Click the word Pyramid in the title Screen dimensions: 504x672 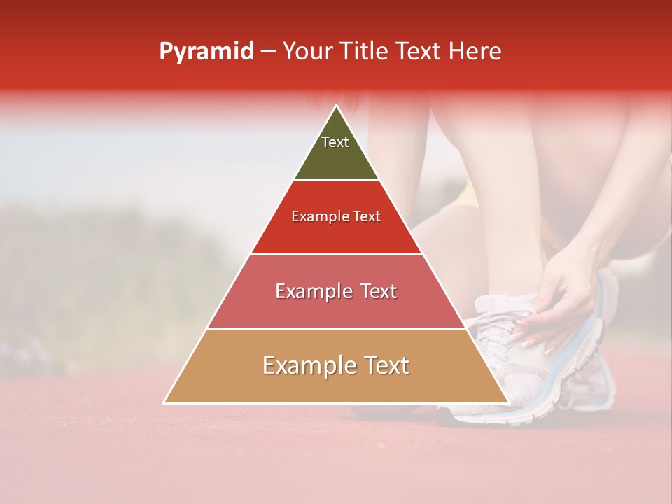(x=206, y=52)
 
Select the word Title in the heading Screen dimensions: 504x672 (x=363, y=52)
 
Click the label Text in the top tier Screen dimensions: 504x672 (x=335, y=142)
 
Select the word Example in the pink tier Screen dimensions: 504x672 (x=314, y=291)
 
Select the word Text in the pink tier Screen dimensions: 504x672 (x=378, y=291)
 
